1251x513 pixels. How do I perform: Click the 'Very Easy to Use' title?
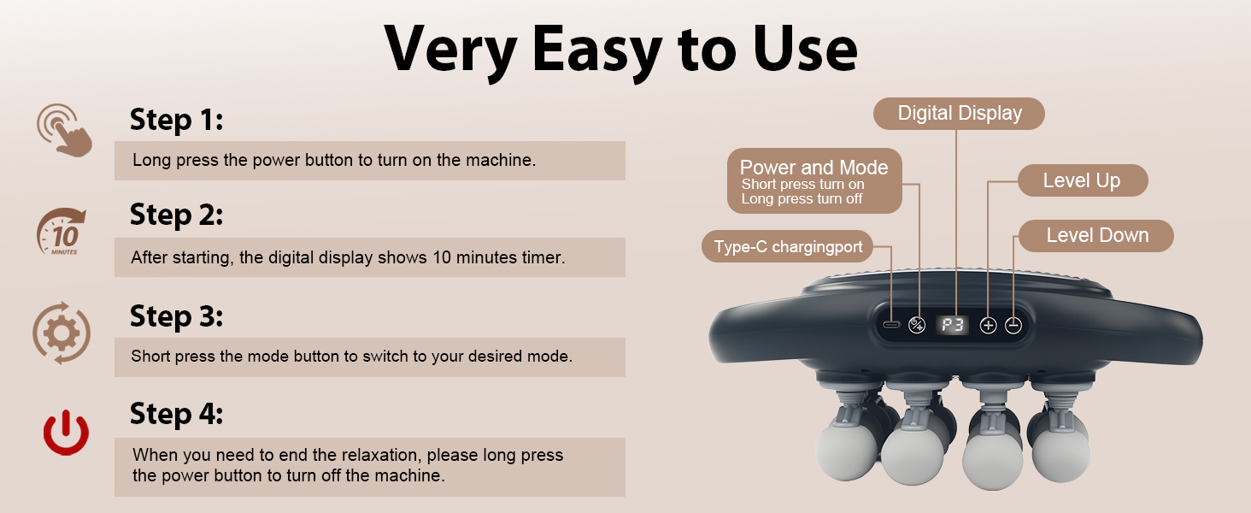621,50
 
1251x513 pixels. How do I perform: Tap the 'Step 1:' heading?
176,120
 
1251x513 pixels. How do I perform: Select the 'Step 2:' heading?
176,215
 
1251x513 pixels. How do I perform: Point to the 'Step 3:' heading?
176,316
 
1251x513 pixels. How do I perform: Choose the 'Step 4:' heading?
176,415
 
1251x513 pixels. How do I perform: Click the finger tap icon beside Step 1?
63,129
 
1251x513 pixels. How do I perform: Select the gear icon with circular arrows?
62,332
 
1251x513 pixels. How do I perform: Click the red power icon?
66,433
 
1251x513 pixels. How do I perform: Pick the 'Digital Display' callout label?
959,114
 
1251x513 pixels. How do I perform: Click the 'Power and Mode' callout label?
813,181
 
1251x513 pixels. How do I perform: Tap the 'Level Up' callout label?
1081,180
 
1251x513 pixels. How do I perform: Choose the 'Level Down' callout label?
1097,235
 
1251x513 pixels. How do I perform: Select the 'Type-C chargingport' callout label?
788,248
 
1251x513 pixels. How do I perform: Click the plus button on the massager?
988,325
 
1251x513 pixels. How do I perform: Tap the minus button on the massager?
1013,325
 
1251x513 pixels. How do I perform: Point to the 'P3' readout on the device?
952,325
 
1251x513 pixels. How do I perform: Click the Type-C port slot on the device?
891,325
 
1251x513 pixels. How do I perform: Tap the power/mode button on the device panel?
917,325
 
